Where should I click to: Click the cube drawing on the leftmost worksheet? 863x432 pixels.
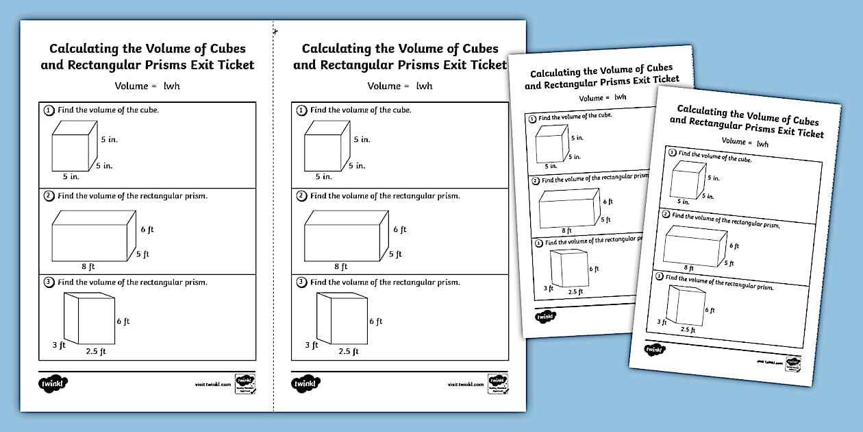pos(71,146)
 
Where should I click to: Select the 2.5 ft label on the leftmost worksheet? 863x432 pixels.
pos(96,352)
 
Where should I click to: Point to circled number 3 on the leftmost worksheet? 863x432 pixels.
pos(49,282)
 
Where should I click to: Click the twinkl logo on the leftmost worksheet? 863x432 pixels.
pos(54,384)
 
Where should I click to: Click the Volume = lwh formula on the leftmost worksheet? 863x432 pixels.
pos(147,86)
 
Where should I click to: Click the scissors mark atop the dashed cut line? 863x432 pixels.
pos(275,31)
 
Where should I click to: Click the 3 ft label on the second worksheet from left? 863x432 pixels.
pos(312,346)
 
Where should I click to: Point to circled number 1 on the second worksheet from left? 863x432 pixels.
pos(301,110)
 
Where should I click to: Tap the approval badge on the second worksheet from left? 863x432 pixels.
pos(496,383)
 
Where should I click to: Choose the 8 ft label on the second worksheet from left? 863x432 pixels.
pos(341,267)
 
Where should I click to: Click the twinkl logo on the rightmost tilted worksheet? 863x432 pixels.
pos(654,349)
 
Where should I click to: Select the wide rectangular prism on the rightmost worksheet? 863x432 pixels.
pos(695,244)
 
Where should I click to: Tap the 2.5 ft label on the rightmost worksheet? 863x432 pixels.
pos(688,330)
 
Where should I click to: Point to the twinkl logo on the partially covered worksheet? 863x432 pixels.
pos(545,317)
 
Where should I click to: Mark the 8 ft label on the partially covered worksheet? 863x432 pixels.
pos(566,231)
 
